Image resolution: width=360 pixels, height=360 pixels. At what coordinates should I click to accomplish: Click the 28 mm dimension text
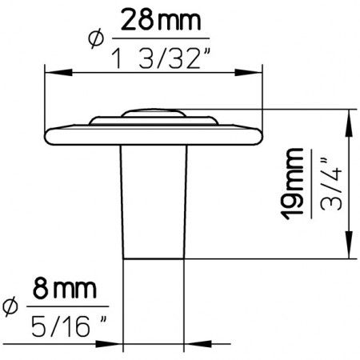161,20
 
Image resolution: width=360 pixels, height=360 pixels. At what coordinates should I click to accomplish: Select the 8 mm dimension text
65,289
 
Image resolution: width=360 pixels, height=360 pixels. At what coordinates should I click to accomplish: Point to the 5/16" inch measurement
69,326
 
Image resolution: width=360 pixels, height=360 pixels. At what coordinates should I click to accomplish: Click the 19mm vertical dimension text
293,184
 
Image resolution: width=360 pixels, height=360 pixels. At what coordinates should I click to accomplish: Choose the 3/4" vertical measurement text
330,185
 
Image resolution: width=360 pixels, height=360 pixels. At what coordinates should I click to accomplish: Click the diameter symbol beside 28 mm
95,38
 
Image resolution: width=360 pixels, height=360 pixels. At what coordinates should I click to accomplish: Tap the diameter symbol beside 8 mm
10,307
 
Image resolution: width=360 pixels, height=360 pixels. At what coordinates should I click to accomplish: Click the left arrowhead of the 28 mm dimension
58,72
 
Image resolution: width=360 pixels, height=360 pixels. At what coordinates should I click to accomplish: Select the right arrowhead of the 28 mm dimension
248,72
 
